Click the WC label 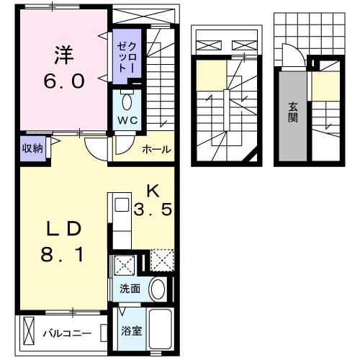tap(127, 118)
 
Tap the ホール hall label tap(156, 149)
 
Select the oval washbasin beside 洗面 tap(158, 289)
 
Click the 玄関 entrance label tap(293, 112)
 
